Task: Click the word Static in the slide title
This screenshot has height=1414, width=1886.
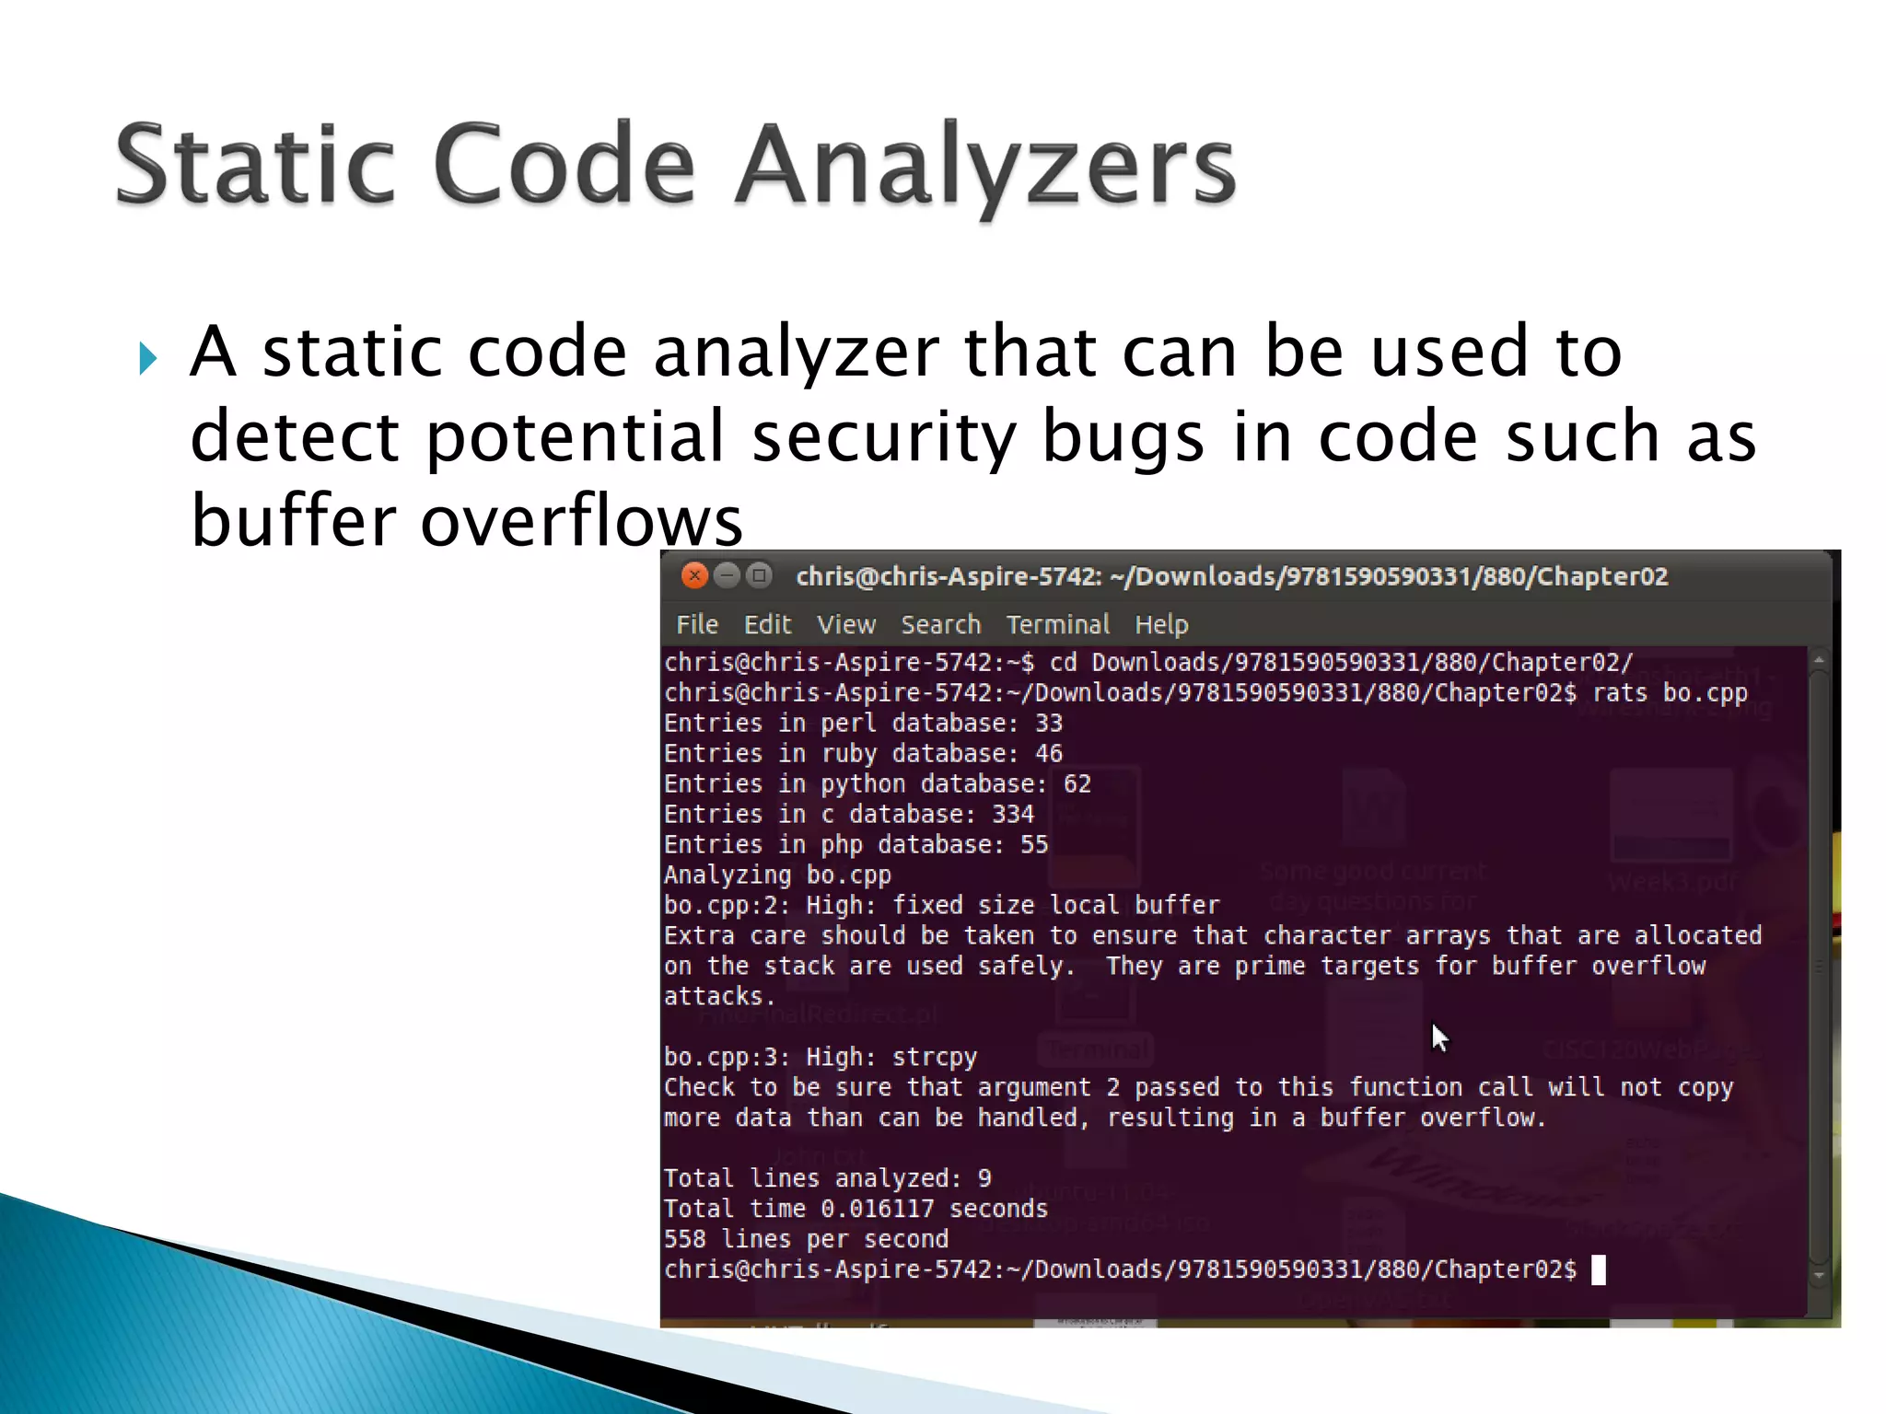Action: [255, 166]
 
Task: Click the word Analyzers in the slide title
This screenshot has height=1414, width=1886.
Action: [985, 166]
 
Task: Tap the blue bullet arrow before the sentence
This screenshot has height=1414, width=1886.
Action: [148, 358]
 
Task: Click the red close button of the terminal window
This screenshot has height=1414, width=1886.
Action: [694, 576]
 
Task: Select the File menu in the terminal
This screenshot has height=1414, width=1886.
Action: [697, 625]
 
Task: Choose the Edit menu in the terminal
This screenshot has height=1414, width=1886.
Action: [767, 625]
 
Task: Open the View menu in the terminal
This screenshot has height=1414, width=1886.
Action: [846, 625]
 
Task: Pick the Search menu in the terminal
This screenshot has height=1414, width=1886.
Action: [940, 625]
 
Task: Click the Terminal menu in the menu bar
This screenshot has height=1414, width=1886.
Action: [1057, 625]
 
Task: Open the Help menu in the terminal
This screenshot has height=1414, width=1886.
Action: [1161, 625]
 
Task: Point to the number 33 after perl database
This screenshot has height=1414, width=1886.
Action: [1049, 724]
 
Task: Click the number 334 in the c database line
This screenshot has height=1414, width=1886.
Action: [1013, 815]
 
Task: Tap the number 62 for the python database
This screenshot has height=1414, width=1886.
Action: [1077, 784]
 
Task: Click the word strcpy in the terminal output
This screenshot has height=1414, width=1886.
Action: [935, 1058]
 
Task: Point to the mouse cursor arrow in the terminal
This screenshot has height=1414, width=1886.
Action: [1439, 1037]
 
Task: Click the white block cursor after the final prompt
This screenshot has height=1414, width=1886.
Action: [1599, 1270]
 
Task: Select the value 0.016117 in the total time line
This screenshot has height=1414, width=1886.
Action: [878, 1209]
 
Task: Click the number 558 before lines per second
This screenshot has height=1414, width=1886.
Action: [685, 1239]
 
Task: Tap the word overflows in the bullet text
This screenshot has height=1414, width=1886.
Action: [581, 521]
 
